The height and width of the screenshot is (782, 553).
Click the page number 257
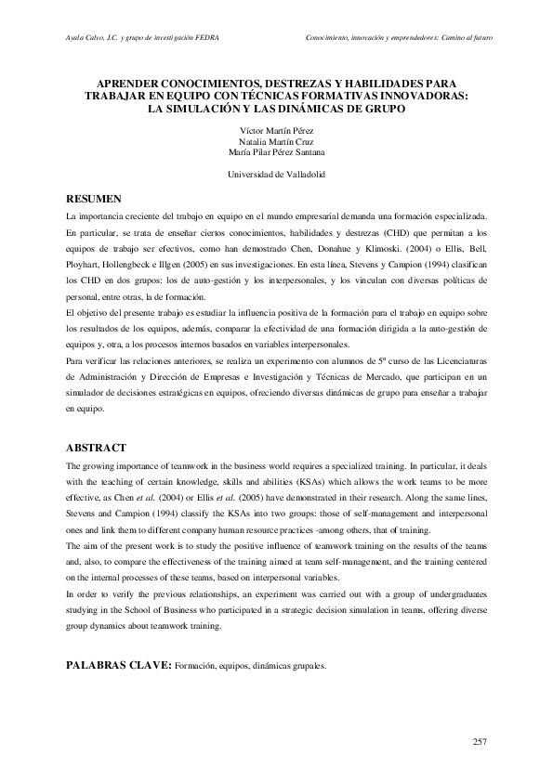click(x=480, y=741)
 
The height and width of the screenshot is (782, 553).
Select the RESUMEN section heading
click(x=94, y=200)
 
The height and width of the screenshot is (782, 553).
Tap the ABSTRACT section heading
click(x=96, y=448)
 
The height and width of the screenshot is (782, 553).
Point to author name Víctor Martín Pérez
click(x=276, y=130)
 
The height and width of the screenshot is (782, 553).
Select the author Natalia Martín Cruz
click(x=276, y=141)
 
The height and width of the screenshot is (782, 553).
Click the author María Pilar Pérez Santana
click(x=276, y=152)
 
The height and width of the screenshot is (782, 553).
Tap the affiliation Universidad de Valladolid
click(x=276, y=175)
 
